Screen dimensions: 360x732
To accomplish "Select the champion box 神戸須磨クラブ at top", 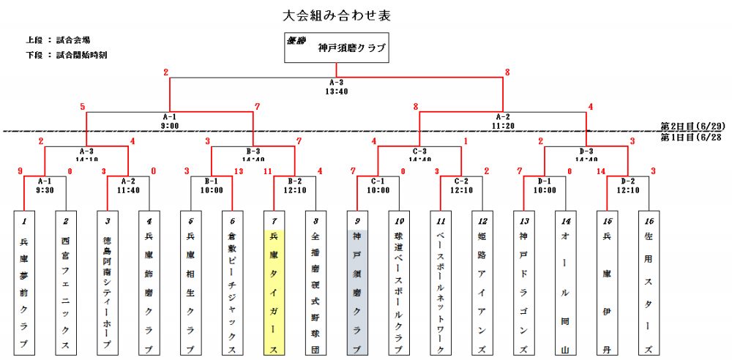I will pyautogui.click(x=336, y=48).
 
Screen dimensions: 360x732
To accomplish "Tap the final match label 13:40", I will pyautogui.click(x=337, y=91).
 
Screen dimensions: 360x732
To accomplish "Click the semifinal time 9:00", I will pyautogui.click(x=170, y=125).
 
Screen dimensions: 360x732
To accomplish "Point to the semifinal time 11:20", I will pyautogui.click(x=503, y=125).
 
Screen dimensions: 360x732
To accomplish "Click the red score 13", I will pyautogui.click(x=239, y=172).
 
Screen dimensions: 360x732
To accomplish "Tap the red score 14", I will pyautogui.click(x=601, y=172).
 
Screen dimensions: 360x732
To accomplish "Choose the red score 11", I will pyautogui.click(x=268, y=172).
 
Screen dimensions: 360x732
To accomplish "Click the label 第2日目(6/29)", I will pyautogui.click(x=692, y=126).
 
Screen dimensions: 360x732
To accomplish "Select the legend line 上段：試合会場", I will pyautogui.click(x=58, y=40).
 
